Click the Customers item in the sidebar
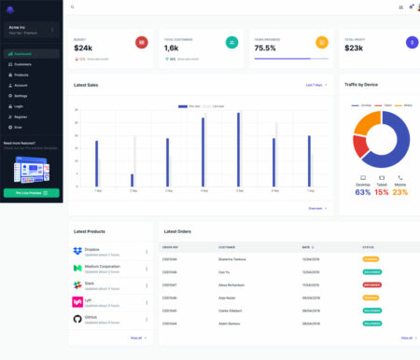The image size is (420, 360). pyautogui.click(x=22, y=64)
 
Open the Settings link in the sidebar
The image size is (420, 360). pyautogui.click(x=21, y=96)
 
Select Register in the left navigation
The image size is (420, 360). pyautogui.click(x=21, y=117)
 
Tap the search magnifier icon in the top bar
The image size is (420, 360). pyautogui.click(x=73, y=7)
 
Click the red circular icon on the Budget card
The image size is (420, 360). pyautogui.click(x=142, y=43)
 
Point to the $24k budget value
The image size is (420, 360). pyautogui.click(x=83, y=48)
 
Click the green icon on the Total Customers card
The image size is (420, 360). pyautogui.click(x=231, y=43)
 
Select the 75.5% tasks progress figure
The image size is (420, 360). pyautogui.click(x=265, y=48)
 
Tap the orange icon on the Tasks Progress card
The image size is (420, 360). pyautogui.click(x=322, y=43)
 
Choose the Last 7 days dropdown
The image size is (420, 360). pyautogui.click(x=316, y=85)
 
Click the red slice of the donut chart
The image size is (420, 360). pyautogui.click(x=360, y=145)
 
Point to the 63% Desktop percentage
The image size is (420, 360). pyautogui.click(x=363, y=192)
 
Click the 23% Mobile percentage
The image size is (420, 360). pyautogui.click(x=400, y=192)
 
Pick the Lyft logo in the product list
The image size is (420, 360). pyautogui.click(x=77, y=302)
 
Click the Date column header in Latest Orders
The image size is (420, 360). pyautogui.click(x=306, y=247)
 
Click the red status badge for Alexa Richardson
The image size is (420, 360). pyautogui.click(x=371, y=284)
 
